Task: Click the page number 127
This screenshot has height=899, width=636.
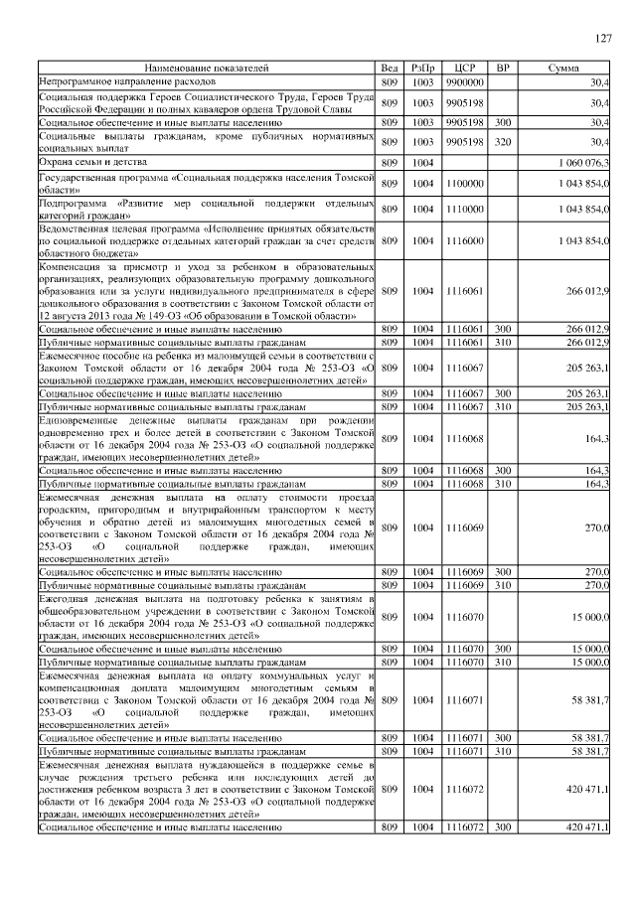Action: tap(602, 39)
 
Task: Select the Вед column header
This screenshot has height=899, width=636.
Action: tap(389, 68)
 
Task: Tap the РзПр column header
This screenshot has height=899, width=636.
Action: tap(423, 68)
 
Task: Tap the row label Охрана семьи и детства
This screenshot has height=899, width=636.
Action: tap(92, 161)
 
